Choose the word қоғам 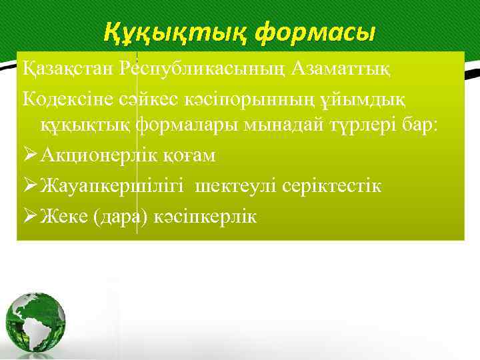195,155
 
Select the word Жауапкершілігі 114,186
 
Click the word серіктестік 333,186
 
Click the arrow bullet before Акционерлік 29,155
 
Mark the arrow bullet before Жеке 29,216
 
